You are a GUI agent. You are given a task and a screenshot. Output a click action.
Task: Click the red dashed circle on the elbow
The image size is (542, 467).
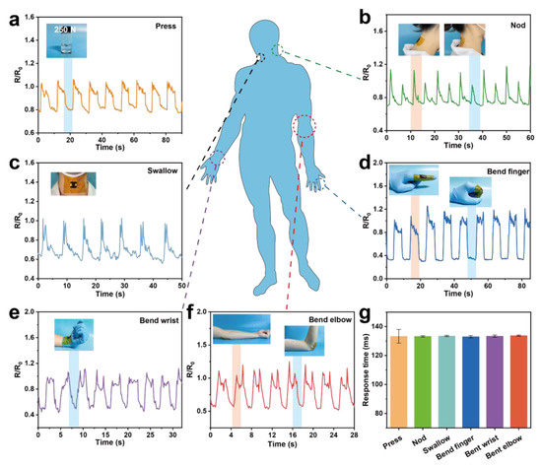306,128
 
